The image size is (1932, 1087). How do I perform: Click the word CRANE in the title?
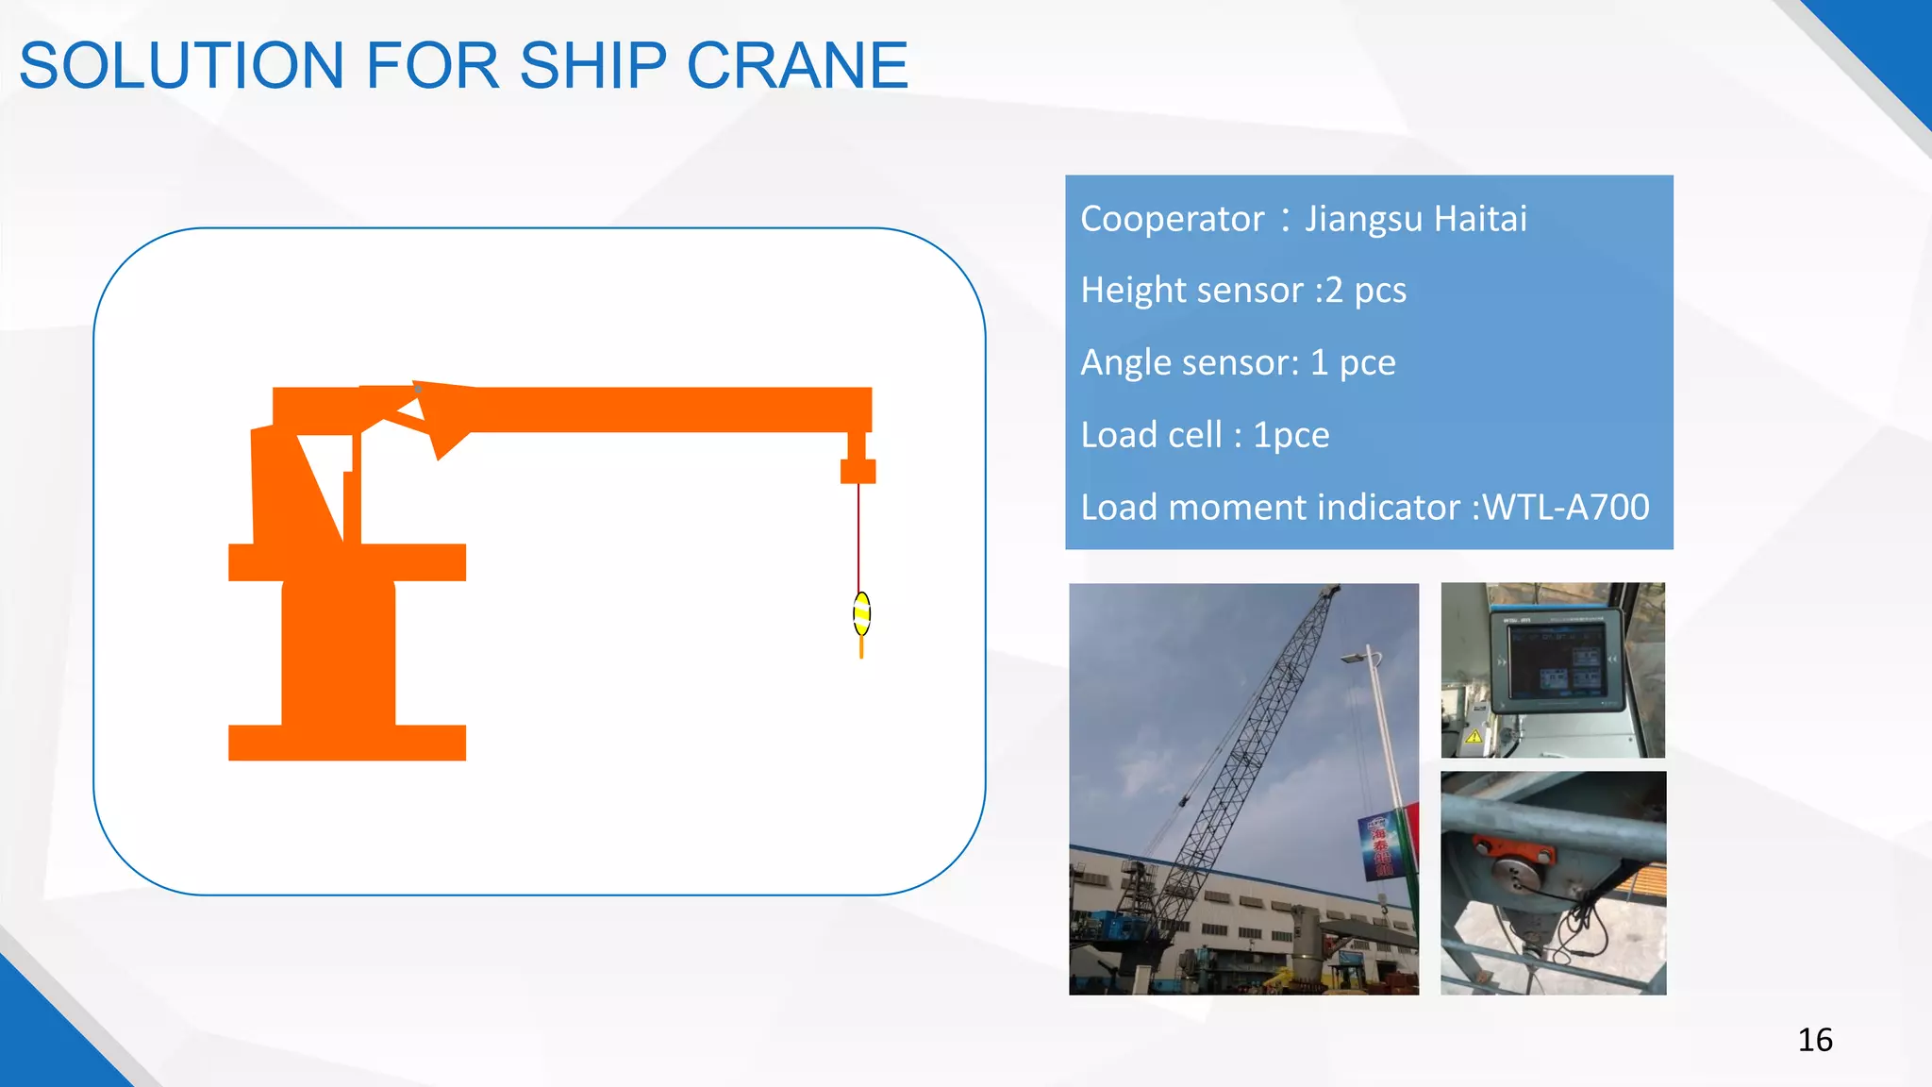point(797,66)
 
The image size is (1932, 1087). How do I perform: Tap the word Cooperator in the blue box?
point(1172,219)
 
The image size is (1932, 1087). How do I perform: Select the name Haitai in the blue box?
point(1480,219)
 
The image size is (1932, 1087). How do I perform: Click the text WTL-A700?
point(1566,508)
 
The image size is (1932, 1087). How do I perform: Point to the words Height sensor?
point(1191,290)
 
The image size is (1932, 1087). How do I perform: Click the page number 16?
point(1814,1040)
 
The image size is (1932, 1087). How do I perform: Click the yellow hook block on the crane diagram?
point(861,614)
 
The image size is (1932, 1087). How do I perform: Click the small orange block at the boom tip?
point(858,470)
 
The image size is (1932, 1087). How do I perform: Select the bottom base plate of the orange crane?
point(347,743)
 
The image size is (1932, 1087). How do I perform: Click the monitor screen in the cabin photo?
point(1556,660)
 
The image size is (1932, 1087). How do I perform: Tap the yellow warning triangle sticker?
point(1474,737)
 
